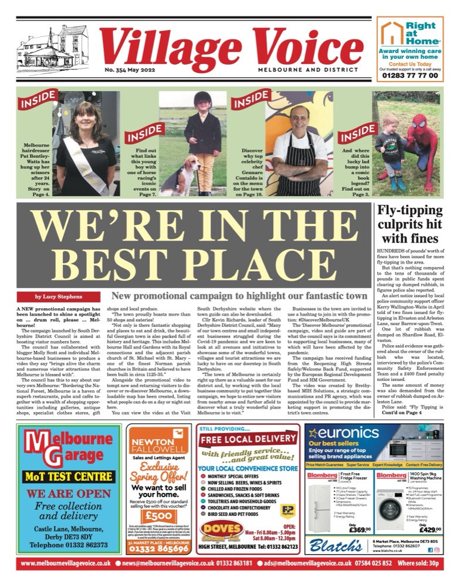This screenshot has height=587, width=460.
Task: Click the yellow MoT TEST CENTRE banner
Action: coord(65,476)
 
